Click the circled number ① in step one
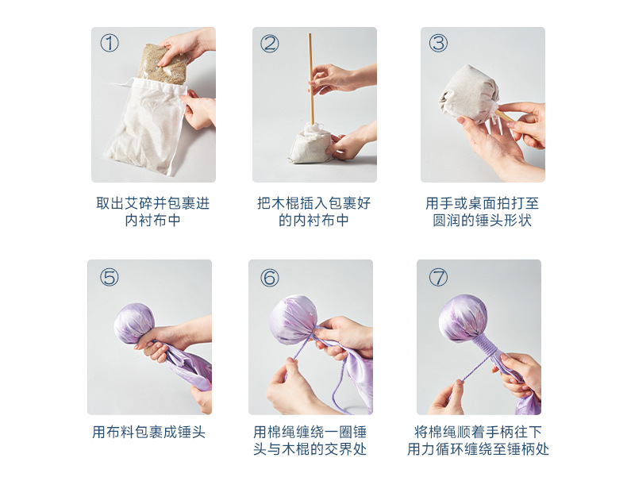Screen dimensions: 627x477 110,43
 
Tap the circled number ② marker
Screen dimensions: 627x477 270,43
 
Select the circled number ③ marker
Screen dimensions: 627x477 438,43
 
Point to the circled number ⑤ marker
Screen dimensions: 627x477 110,277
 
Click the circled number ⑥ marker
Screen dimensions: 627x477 270,278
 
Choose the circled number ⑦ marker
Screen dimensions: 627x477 438,277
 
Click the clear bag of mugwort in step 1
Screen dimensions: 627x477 163,64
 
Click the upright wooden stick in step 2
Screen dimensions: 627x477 310,79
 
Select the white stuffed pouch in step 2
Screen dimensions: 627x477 311,144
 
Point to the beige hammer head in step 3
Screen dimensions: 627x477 467,93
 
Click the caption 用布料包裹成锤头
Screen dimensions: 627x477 148,432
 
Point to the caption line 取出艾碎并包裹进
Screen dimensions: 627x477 152,203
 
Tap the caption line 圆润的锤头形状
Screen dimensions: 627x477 482,221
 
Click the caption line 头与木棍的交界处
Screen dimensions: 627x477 310,448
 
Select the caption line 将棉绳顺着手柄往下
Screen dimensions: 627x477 478,432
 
